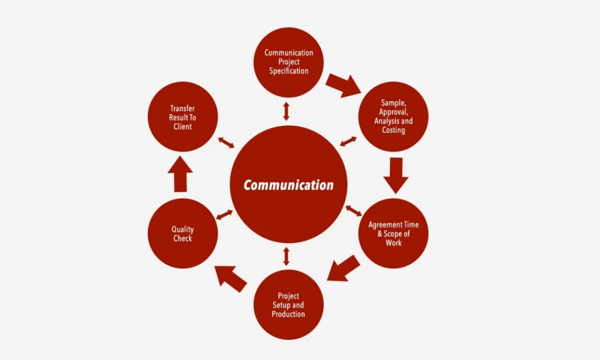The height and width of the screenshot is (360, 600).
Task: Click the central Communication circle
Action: (289, 184)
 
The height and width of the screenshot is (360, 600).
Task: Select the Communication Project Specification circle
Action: (289, 62)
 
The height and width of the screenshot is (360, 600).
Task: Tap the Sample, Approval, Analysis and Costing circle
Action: (393, 116)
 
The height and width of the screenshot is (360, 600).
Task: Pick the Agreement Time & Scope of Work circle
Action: (394, 233)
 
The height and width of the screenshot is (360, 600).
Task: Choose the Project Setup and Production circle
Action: (289, 304)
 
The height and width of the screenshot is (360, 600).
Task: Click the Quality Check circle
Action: (183, 234)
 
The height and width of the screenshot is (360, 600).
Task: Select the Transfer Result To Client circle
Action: (183, 117)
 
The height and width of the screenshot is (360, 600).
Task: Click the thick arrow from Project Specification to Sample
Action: (343, 84)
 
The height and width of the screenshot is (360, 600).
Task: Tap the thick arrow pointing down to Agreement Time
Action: (395, 174)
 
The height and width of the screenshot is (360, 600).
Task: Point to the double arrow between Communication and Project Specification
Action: (286, 111)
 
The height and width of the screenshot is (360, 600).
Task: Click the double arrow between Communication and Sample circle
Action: (348, 141)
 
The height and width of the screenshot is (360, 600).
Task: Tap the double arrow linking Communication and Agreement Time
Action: (353, 211)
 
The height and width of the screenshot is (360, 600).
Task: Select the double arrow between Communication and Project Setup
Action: (286, 256)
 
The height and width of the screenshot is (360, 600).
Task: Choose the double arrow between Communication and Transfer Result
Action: (226, 142)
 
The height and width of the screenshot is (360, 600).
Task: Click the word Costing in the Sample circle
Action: (393, 130)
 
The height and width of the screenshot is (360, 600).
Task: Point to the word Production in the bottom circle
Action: (289, 314)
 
